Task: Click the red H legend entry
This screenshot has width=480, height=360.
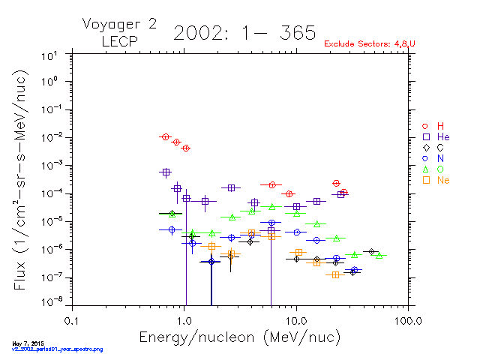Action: pyautogui.click(x=433, y=126)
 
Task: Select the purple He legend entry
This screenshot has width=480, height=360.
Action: pyautogui.click(x=435, y=137)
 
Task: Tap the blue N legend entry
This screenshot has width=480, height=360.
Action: pyautogui.click(x=433, y=158)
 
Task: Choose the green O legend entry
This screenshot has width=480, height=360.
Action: pyautogui.click(x=433, y=169)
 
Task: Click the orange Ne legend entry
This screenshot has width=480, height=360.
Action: pyautogui.click(x=435, y=180)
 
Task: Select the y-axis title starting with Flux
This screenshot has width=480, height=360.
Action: pyautogui.click(x=20, y=178)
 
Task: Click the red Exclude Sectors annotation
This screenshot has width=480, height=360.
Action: pyautogui.click(x=370, y=44)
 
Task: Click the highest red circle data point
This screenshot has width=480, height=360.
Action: pyautogui.click(x=165, y=136)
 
